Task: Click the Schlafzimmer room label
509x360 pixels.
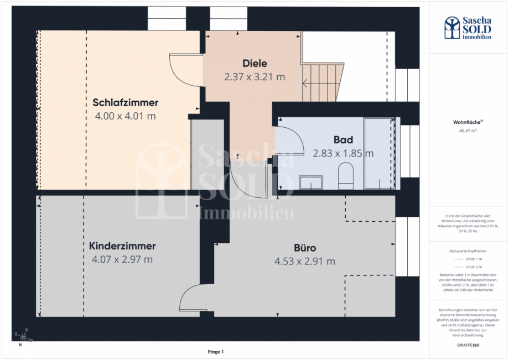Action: click(126, 102)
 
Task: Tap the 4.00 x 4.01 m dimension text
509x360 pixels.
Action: click(126, 116)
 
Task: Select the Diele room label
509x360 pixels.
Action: click(254, 63)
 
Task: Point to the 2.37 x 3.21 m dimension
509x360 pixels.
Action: click(254, 77)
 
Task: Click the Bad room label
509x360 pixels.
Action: click(343, 139)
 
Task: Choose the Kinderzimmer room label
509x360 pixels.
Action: click(122, 246)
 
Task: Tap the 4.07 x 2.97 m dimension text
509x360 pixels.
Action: click(122, 259)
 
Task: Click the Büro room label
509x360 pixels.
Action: click(305, 248)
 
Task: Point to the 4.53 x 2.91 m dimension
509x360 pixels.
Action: click(305, 262)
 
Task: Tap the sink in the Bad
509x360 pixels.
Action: click(310, 183)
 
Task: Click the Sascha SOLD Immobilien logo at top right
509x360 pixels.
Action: click(468, 28)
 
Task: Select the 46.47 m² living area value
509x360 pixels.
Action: click(468, 131)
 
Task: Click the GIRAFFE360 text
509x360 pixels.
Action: click(468, 345)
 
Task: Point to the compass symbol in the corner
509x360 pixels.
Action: click(24, 336)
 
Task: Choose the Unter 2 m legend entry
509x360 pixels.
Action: click(468, 267)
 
